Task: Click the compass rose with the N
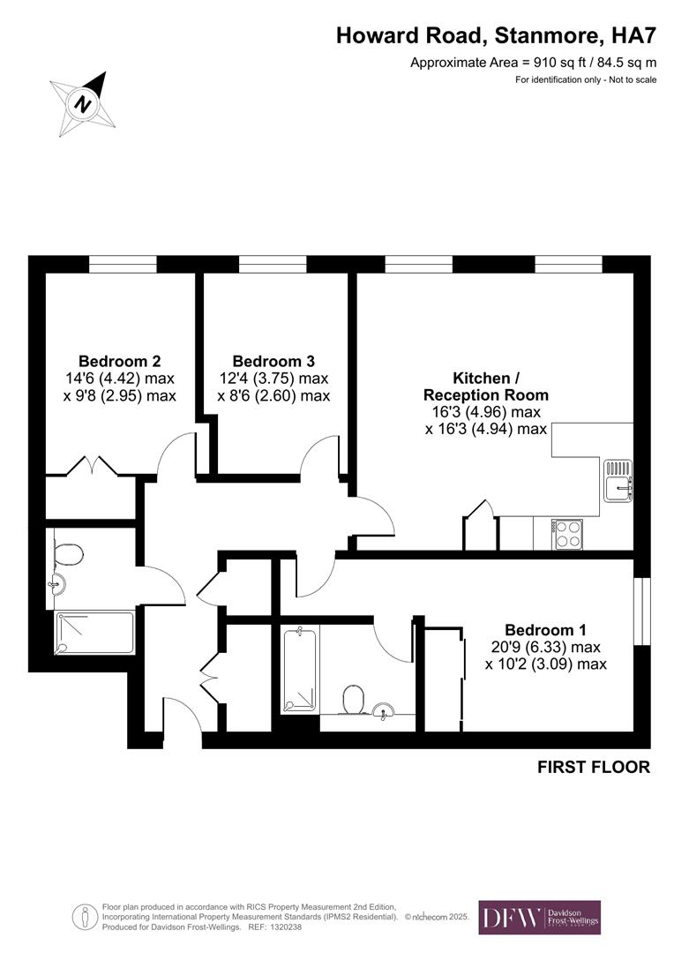pyautogui.click(x=82, y=103)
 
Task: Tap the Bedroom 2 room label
pyautogui.click(x=119, y=361)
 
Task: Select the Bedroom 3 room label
pyautogui.click(x=273, y=361)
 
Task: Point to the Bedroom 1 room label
pyautogui.click(x=545, y=630)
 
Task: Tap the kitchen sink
pyautogui.click(x=618, y=481)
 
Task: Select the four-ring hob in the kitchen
pyautogui.click(x=567, y=533)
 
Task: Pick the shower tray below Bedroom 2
pyautogui.click(x=94, y=633)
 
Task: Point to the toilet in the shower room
pyautogui.click(x=67, y=553)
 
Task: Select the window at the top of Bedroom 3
pyautogui.click(x=273, y=264)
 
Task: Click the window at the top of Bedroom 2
pyautogui.click(x=123, y=264)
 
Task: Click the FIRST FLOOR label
pyautogui.click(x=593, y=767)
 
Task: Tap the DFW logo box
pyautogui.click(x=539, y=917)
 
